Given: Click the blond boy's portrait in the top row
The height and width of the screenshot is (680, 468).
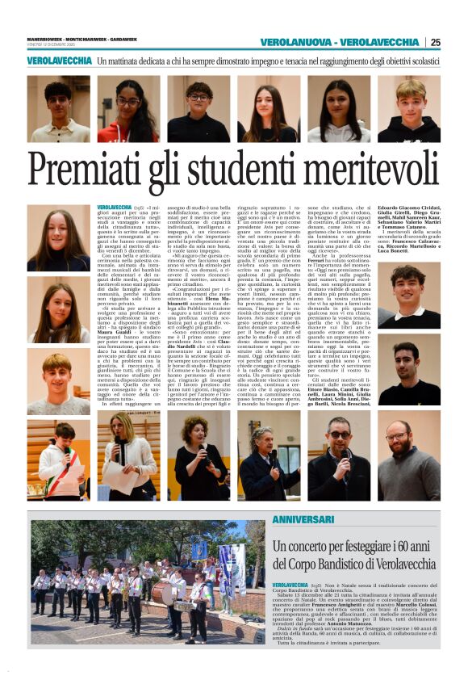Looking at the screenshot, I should click(409, 110).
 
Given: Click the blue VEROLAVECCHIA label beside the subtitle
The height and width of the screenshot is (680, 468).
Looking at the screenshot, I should click(59, 61).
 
